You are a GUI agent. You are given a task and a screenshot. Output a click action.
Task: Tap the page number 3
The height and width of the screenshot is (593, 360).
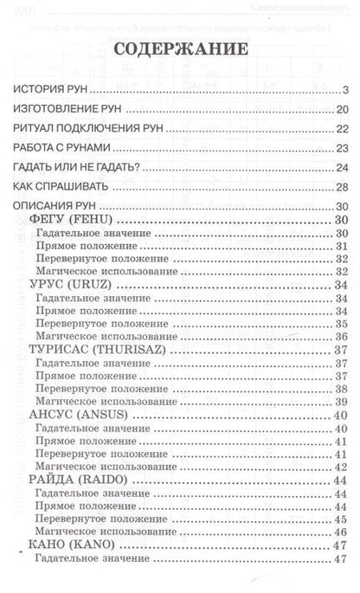tap(344, 89)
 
